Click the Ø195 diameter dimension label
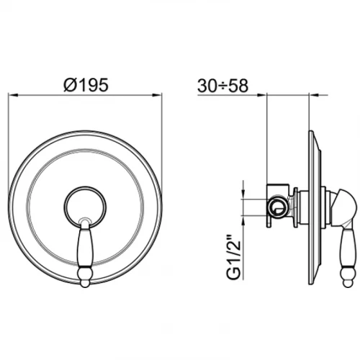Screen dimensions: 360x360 tap(86, 85)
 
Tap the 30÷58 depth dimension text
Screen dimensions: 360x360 tap(222, 86)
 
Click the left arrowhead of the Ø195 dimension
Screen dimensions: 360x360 tap(14, 95)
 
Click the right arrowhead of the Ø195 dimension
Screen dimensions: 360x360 tap(157, 95)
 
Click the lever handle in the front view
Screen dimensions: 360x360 tap(85, 253)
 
